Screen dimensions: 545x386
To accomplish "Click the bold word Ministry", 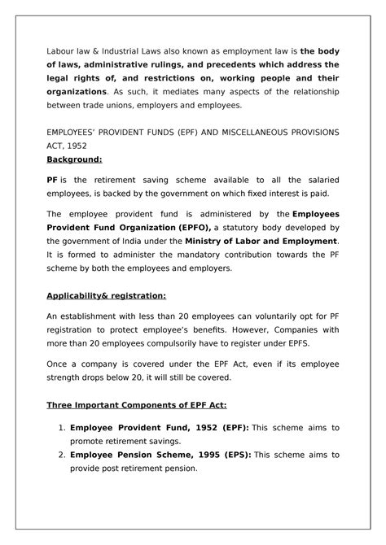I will (x=207, y=242).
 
